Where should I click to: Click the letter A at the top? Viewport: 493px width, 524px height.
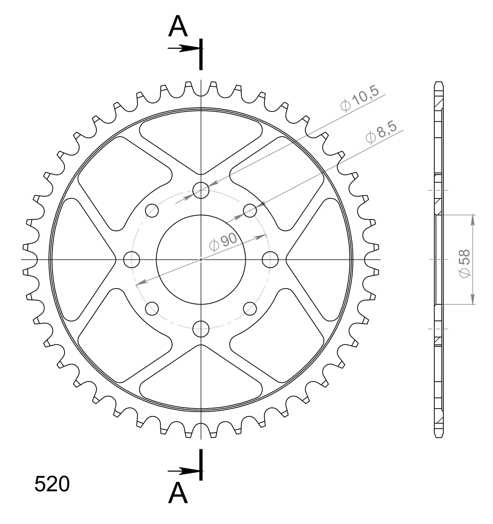pos(178,27)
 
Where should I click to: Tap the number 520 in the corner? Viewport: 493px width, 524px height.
pos(52,484)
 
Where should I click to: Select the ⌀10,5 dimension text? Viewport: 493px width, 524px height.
pos(360,99)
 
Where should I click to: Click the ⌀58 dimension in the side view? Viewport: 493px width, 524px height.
pos(465,263)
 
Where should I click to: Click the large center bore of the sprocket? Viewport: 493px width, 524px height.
pos(201,259)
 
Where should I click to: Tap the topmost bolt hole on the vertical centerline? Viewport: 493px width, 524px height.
pos(201,190)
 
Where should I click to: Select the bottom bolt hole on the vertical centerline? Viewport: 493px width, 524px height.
pos(201,328)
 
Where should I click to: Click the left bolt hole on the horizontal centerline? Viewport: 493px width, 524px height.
pos(132,259)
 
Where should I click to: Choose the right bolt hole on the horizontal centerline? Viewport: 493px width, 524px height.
pos(270,259)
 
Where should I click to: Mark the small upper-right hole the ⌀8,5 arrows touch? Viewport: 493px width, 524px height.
pos(250,211)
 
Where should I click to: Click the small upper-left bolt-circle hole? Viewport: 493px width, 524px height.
pos(152,211)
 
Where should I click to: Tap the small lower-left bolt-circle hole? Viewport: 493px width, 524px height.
pos(152,308)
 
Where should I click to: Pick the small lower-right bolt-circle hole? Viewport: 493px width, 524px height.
pos(250,308)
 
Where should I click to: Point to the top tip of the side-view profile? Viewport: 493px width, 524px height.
pos(439,83)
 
